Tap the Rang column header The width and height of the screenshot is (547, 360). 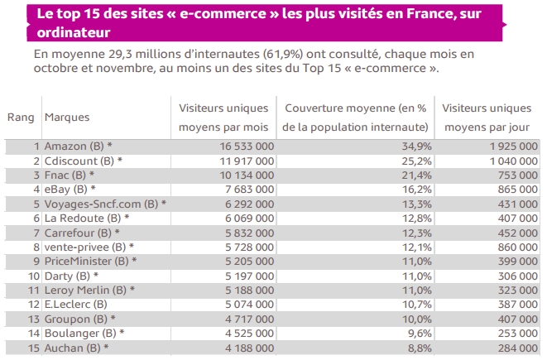(x=21, y=118)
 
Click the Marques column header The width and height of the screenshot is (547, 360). (x=67, y=118)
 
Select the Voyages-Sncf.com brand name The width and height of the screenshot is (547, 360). (x=105, y=204)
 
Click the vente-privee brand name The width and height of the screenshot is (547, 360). (x=89, y=247)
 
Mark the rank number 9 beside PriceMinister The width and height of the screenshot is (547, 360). (x=36, y=261)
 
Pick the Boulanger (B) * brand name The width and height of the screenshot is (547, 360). (x=84, y=333)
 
